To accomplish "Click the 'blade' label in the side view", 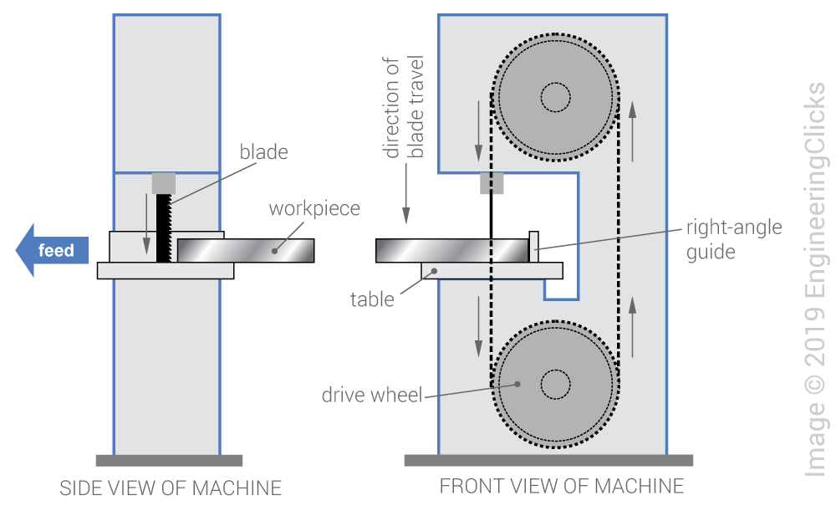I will [263, 152].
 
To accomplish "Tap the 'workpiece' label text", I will [313, 208].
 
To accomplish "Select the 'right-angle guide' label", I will [733, 239].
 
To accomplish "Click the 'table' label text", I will [372, 299].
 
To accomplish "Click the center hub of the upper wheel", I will [555, 98].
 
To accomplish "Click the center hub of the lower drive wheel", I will [555, 385].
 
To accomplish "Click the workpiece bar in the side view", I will [246, 250].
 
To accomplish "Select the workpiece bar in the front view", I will [451, 250].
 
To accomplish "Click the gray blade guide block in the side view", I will [163, 183].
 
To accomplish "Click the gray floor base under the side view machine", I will [169, 460].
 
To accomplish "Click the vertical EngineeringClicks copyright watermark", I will [815, 280].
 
